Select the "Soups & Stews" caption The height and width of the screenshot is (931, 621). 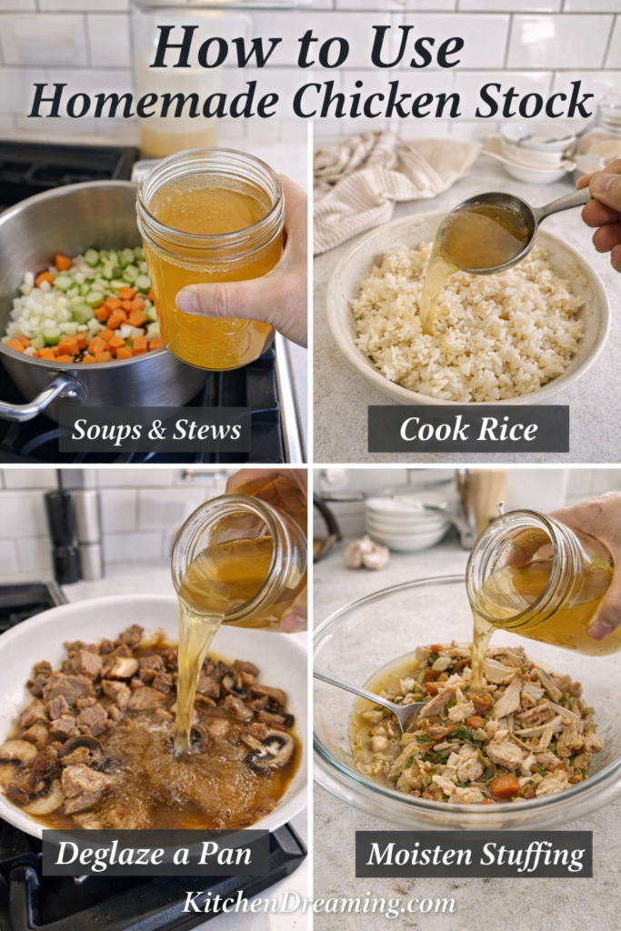155,429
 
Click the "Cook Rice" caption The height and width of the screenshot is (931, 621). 467,429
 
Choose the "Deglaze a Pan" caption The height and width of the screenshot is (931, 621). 155,854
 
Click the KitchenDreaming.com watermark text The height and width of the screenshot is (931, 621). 318,902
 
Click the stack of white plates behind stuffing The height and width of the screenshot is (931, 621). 408,524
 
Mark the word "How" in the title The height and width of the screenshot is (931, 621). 196,47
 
